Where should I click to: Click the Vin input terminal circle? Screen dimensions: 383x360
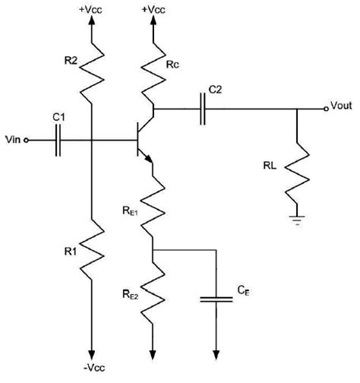[27, 140]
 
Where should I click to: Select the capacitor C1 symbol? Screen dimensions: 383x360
[57, 140]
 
